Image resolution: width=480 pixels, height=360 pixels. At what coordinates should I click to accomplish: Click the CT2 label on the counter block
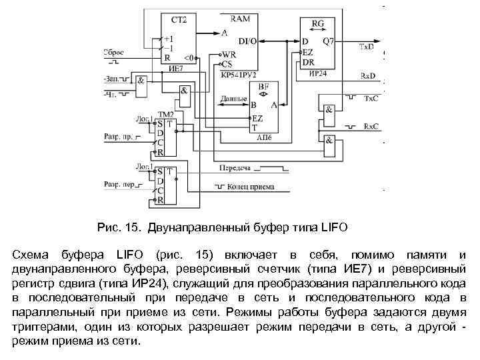pos(179,20)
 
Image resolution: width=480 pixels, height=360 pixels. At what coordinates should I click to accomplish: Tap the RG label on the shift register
pos(318,23)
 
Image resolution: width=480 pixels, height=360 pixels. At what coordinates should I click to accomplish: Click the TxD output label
pos(367,47)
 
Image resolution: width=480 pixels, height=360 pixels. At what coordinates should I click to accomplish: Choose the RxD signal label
pos(368,76)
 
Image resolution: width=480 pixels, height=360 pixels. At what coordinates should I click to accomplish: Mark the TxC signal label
pos(371,99)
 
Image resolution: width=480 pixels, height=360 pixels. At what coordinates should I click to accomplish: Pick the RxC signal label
pos(371,127)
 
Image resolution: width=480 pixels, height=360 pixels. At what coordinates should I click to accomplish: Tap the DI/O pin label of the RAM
pos(247,41)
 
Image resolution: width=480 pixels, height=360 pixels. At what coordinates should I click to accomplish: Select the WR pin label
pos(228,55)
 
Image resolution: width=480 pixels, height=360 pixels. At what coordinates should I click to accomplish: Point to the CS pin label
pos(227,65)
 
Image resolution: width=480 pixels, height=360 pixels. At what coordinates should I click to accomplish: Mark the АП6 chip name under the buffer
pos(265,135)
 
